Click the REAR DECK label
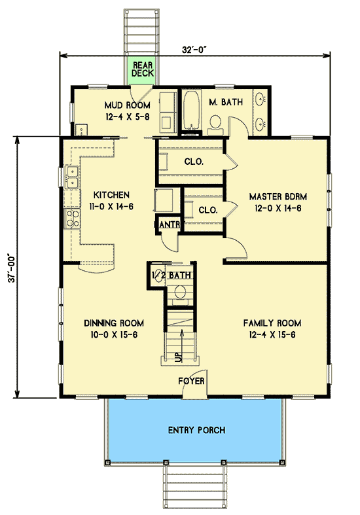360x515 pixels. (x=143, y=69)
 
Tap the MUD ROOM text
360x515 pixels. (x=128, y=105)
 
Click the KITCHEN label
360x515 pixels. (x=111, y=195)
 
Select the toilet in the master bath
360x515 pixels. (x=215, y=123)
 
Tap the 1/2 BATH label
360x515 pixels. (x=171, y=275)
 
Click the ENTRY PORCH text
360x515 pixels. (x=196, y=430)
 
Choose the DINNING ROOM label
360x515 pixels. (x=114, y=323)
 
